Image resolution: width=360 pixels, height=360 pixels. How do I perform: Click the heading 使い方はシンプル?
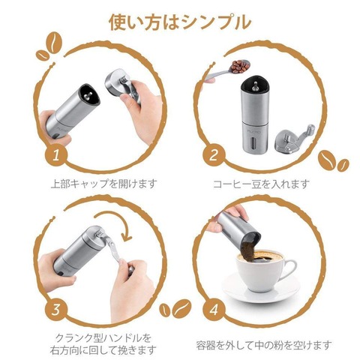tap(180, 22)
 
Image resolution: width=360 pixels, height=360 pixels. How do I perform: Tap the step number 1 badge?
tap(56, 155)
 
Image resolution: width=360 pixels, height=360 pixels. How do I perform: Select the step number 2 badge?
tap(214, 155)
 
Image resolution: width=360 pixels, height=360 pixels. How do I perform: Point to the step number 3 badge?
tap(56, 309)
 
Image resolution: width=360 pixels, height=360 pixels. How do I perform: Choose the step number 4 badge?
tap(214, 310)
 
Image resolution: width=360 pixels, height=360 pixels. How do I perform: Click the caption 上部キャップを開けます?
tap(104, 184)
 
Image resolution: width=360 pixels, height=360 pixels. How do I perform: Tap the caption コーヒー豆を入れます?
tap(261, 184)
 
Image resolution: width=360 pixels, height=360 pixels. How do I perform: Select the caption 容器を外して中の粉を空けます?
tap(264, 345)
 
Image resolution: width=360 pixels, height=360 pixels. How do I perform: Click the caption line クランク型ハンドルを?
tap(103, 338)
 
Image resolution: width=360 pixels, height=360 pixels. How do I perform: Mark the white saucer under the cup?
tap(261, 287)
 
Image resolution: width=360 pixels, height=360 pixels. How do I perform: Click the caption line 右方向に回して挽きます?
tap(103, 350)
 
